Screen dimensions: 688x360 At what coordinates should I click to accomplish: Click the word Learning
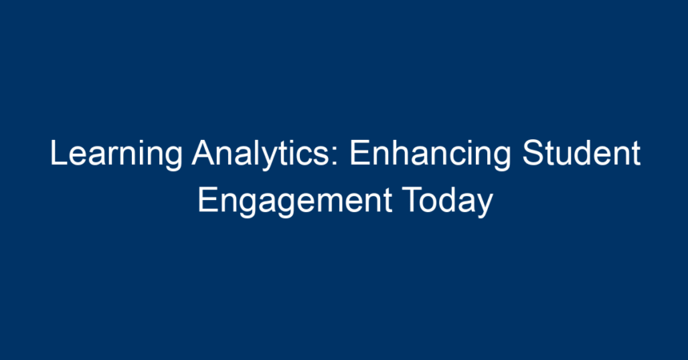(116, 154)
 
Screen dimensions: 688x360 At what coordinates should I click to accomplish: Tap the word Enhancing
(430, 154)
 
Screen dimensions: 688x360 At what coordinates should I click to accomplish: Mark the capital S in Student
(533, 152)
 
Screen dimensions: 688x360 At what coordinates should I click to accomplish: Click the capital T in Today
(412, 200)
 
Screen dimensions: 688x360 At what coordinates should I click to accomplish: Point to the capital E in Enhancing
(360, 152)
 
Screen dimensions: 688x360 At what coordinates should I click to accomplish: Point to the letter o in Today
(431, 204)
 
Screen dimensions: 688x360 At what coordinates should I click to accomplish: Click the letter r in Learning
(114, 156)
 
